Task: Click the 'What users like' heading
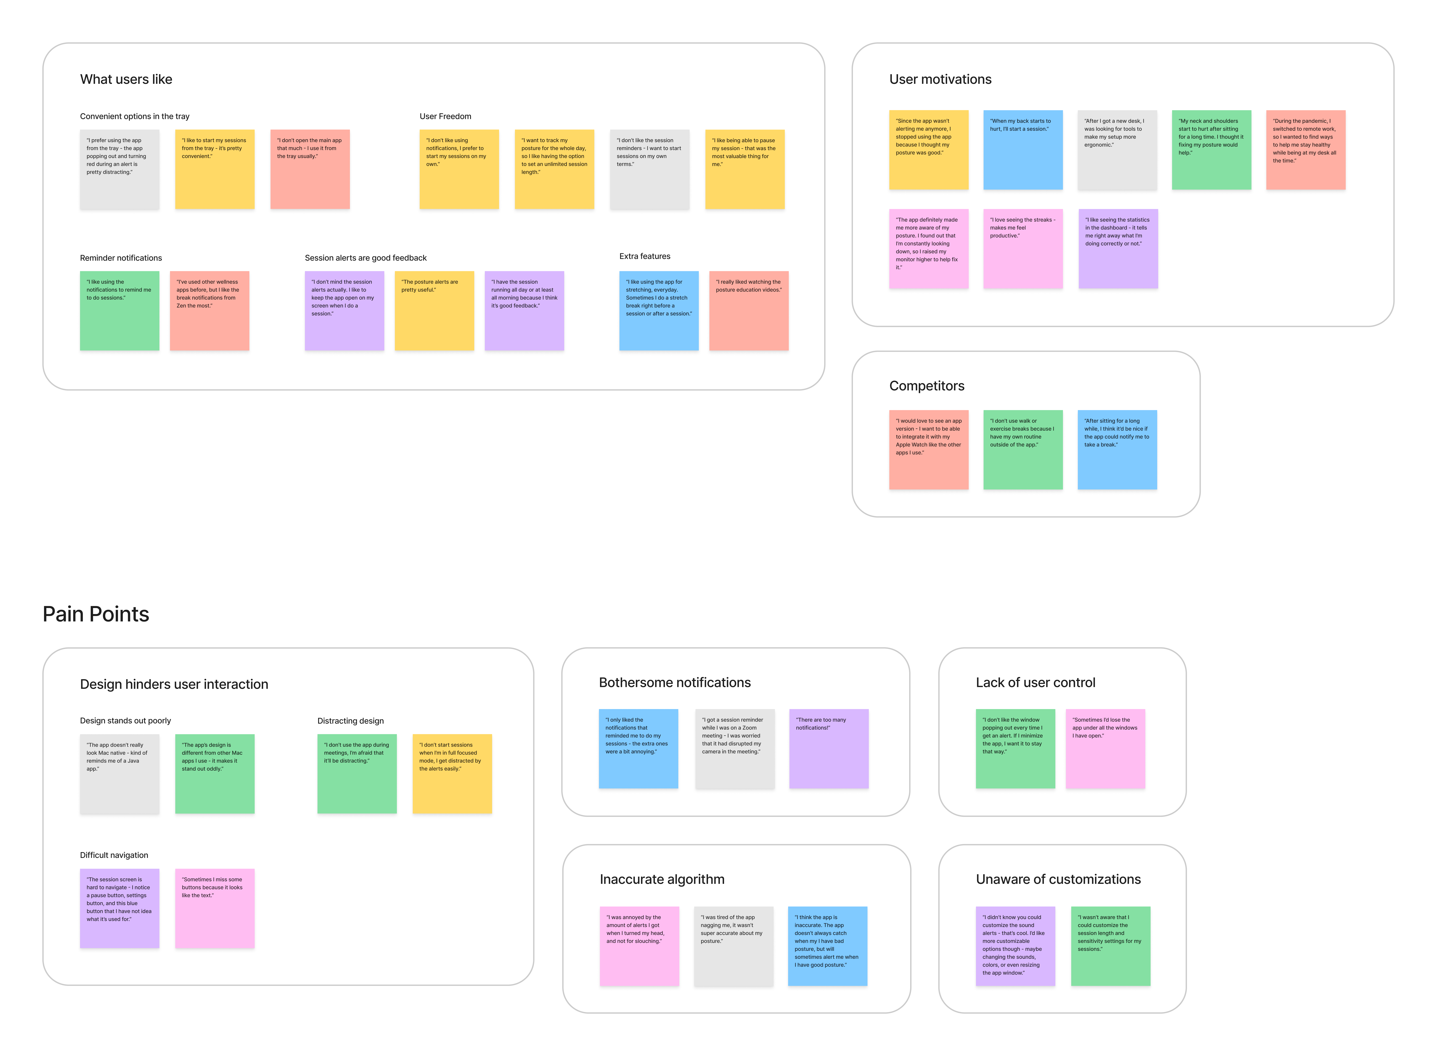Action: click(x=126, y=79)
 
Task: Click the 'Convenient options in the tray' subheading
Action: click(x=134, y=116)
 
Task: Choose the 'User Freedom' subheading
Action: click(x=445, y=116)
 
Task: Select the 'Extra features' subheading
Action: click(x=644, y=256)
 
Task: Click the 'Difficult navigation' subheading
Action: click(x=114, y=855)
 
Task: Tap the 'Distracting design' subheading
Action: click(x=350, y=721)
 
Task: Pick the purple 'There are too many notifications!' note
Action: click(x=828, y=749)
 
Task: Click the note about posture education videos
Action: click(x=749, y=311)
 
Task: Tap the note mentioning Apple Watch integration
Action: click(x=928, y=449)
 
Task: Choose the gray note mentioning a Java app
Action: click(x=120, y=773)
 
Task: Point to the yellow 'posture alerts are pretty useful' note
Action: click(x=434, y=311)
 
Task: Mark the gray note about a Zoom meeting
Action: click(x=735, y=749)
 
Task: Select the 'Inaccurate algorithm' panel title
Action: click(x=662, y=880)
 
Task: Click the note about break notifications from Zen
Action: click(x=209, y=311)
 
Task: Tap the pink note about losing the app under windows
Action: click(x=1105, y=749)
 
